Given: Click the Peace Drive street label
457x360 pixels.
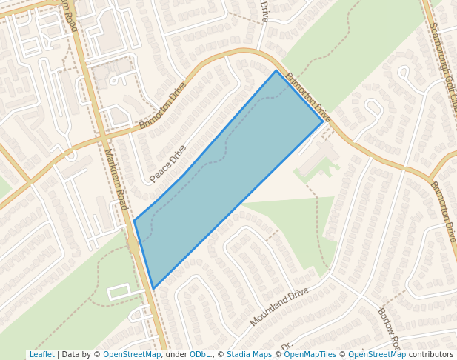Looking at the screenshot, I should tap(168, 164).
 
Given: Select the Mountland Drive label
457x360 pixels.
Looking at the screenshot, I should tap(278, 307).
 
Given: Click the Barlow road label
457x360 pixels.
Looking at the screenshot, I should tap(388, 329).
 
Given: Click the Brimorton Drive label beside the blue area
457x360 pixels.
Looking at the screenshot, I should tap(308, 97).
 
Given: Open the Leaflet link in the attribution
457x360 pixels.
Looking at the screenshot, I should tap(41, 355).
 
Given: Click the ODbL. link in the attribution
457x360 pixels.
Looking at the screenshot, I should tap(200, 355).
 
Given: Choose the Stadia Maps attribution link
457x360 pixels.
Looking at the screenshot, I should tap(249, 355).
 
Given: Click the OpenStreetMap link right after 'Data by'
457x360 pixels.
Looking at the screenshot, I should tap(132, 355).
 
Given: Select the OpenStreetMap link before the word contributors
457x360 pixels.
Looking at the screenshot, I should tap(376, 355).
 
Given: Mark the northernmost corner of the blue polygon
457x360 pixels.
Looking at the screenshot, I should tap(276, 70).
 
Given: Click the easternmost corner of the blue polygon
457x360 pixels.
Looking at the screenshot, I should tap(323, 121).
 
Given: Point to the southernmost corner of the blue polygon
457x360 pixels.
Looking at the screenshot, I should tap(153, 289).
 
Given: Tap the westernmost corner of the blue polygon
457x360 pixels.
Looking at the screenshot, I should tap(134, 220).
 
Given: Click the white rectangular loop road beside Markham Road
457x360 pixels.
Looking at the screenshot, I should tap(119, 291).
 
